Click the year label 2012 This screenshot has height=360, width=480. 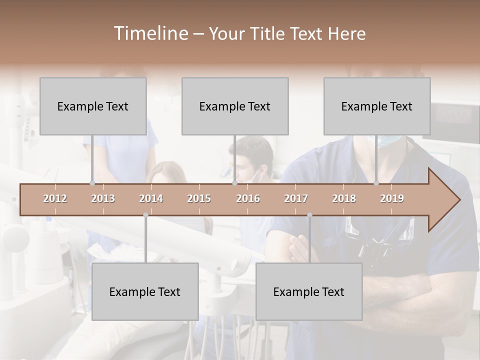point(55,198)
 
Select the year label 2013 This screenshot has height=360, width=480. point(103,198)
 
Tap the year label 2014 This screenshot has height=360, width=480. point(151,198)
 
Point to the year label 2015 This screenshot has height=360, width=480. point(199,198)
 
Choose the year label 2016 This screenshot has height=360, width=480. point(248,198)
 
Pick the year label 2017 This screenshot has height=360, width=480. point(296,198)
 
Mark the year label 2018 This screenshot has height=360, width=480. point(344,198)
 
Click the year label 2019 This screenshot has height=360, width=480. point(392,198)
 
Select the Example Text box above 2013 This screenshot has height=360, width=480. point(93,106)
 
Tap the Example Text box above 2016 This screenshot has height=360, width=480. point(235,106)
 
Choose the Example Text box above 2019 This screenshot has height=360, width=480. point(377,106)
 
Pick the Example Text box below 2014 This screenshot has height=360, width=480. point(145,291)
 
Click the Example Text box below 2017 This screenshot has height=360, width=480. point(309,291)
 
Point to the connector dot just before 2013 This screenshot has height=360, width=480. point(92,183)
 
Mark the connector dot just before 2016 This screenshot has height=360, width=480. point(234,183)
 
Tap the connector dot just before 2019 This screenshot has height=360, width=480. point(376,183)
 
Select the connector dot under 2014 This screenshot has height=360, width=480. point(145,215)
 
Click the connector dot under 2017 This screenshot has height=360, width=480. point(309,215)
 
